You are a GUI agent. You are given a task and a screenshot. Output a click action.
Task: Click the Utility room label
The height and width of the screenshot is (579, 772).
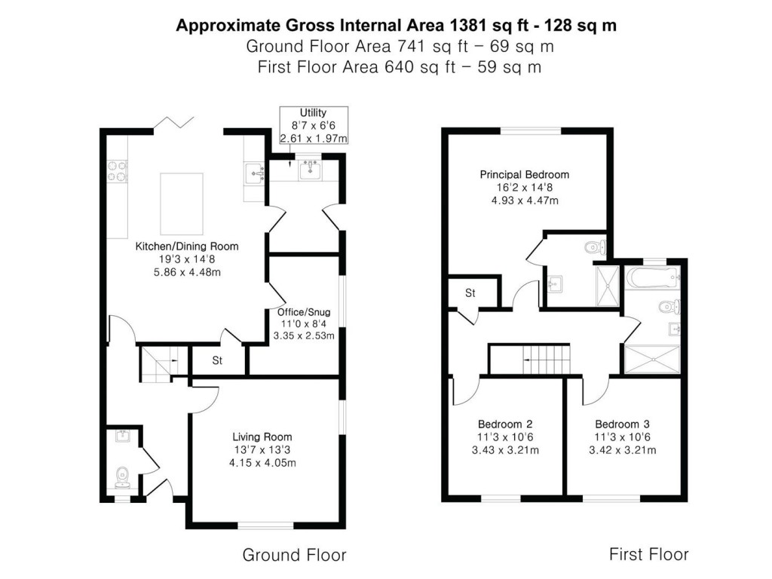(x=313, y=113)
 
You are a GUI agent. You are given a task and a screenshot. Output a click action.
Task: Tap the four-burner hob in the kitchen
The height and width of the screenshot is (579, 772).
(x=117, y=172)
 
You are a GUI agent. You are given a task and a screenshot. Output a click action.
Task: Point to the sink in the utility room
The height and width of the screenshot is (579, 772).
(x=310, y=170)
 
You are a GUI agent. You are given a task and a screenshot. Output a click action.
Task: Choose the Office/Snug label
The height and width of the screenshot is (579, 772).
(x=304, y=312)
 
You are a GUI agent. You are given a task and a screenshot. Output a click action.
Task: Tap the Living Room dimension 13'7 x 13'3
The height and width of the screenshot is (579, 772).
(x=262, y=450)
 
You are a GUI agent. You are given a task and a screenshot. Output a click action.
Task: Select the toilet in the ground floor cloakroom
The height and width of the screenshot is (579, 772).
(x=122, y=476)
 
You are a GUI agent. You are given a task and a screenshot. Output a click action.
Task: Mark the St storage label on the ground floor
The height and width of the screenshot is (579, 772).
(x=217, y=361)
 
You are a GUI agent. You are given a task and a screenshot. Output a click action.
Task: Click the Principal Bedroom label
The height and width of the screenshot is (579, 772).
(x=524, y=175)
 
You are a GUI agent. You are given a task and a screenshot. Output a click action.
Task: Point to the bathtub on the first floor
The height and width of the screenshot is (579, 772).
(x=652, y=280)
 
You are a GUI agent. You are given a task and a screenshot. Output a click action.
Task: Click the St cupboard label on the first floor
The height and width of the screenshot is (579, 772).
(x=470, y=293)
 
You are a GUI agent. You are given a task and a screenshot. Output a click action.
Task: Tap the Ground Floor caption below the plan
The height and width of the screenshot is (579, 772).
(x=294, y=556)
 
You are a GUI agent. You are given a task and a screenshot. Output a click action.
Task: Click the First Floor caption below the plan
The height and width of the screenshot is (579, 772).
(x=648, y=555)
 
